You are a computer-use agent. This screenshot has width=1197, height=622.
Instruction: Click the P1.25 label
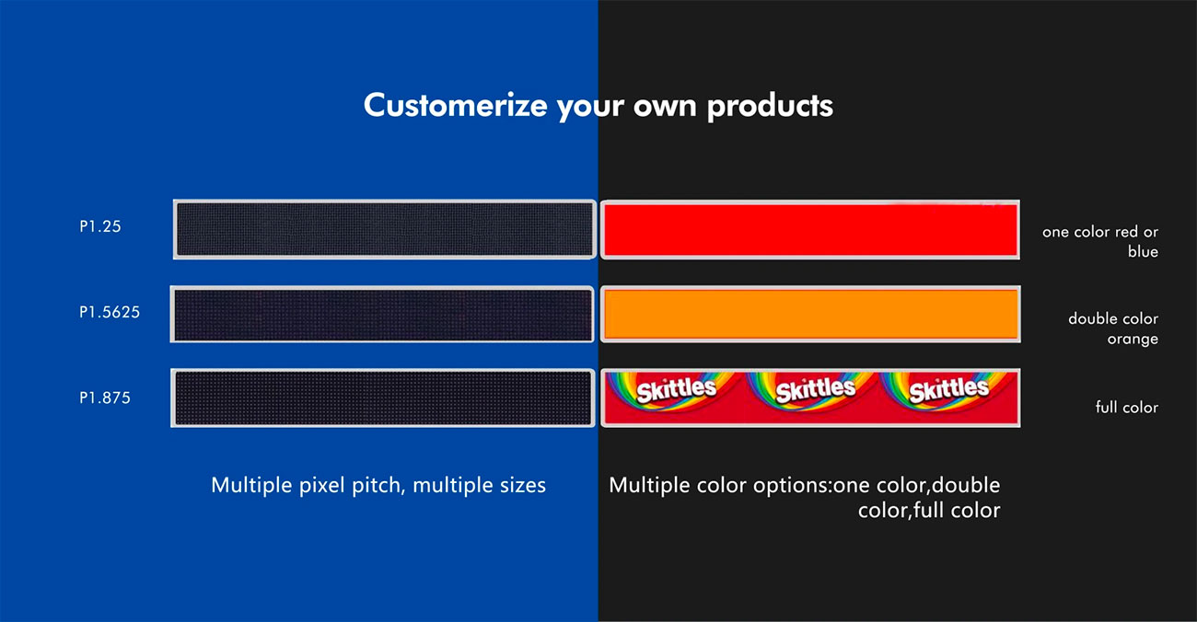point(100,226)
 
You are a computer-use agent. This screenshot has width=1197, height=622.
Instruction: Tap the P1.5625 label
point(110,312)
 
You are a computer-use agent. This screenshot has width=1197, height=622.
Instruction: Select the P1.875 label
point(105,397)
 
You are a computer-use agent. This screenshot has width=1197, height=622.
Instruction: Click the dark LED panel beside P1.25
point(385,230)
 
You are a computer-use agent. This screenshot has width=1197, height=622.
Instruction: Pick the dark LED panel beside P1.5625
point(382,315)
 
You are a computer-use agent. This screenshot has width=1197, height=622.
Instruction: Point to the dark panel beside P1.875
point(383,397)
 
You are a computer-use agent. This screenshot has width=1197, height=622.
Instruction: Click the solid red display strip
point(810,230)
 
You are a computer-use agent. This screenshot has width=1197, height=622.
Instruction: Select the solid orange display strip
point(810,315)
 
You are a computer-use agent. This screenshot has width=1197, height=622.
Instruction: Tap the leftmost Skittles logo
point(676,390)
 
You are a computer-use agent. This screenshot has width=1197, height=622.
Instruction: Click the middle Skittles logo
point(815,390)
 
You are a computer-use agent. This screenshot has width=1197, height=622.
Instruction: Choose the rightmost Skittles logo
point(948,390)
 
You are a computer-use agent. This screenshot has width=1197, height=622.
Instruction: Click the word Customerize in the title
point(455,105)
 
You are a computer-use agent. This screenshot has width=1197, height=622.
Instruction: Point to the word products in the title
point(770,106)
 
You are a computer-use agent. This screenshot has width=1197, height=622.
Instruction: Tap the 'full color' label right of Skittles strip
point(1126,408)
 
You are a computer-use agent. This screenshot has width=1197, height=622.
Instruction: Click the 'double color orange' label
point(1113,328)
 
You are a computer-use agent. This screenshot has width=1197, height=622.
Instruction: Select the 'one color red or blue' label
point(1100,241)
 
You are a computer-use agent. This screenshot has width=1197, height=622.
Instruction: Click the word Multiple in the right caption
point(645,486)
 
